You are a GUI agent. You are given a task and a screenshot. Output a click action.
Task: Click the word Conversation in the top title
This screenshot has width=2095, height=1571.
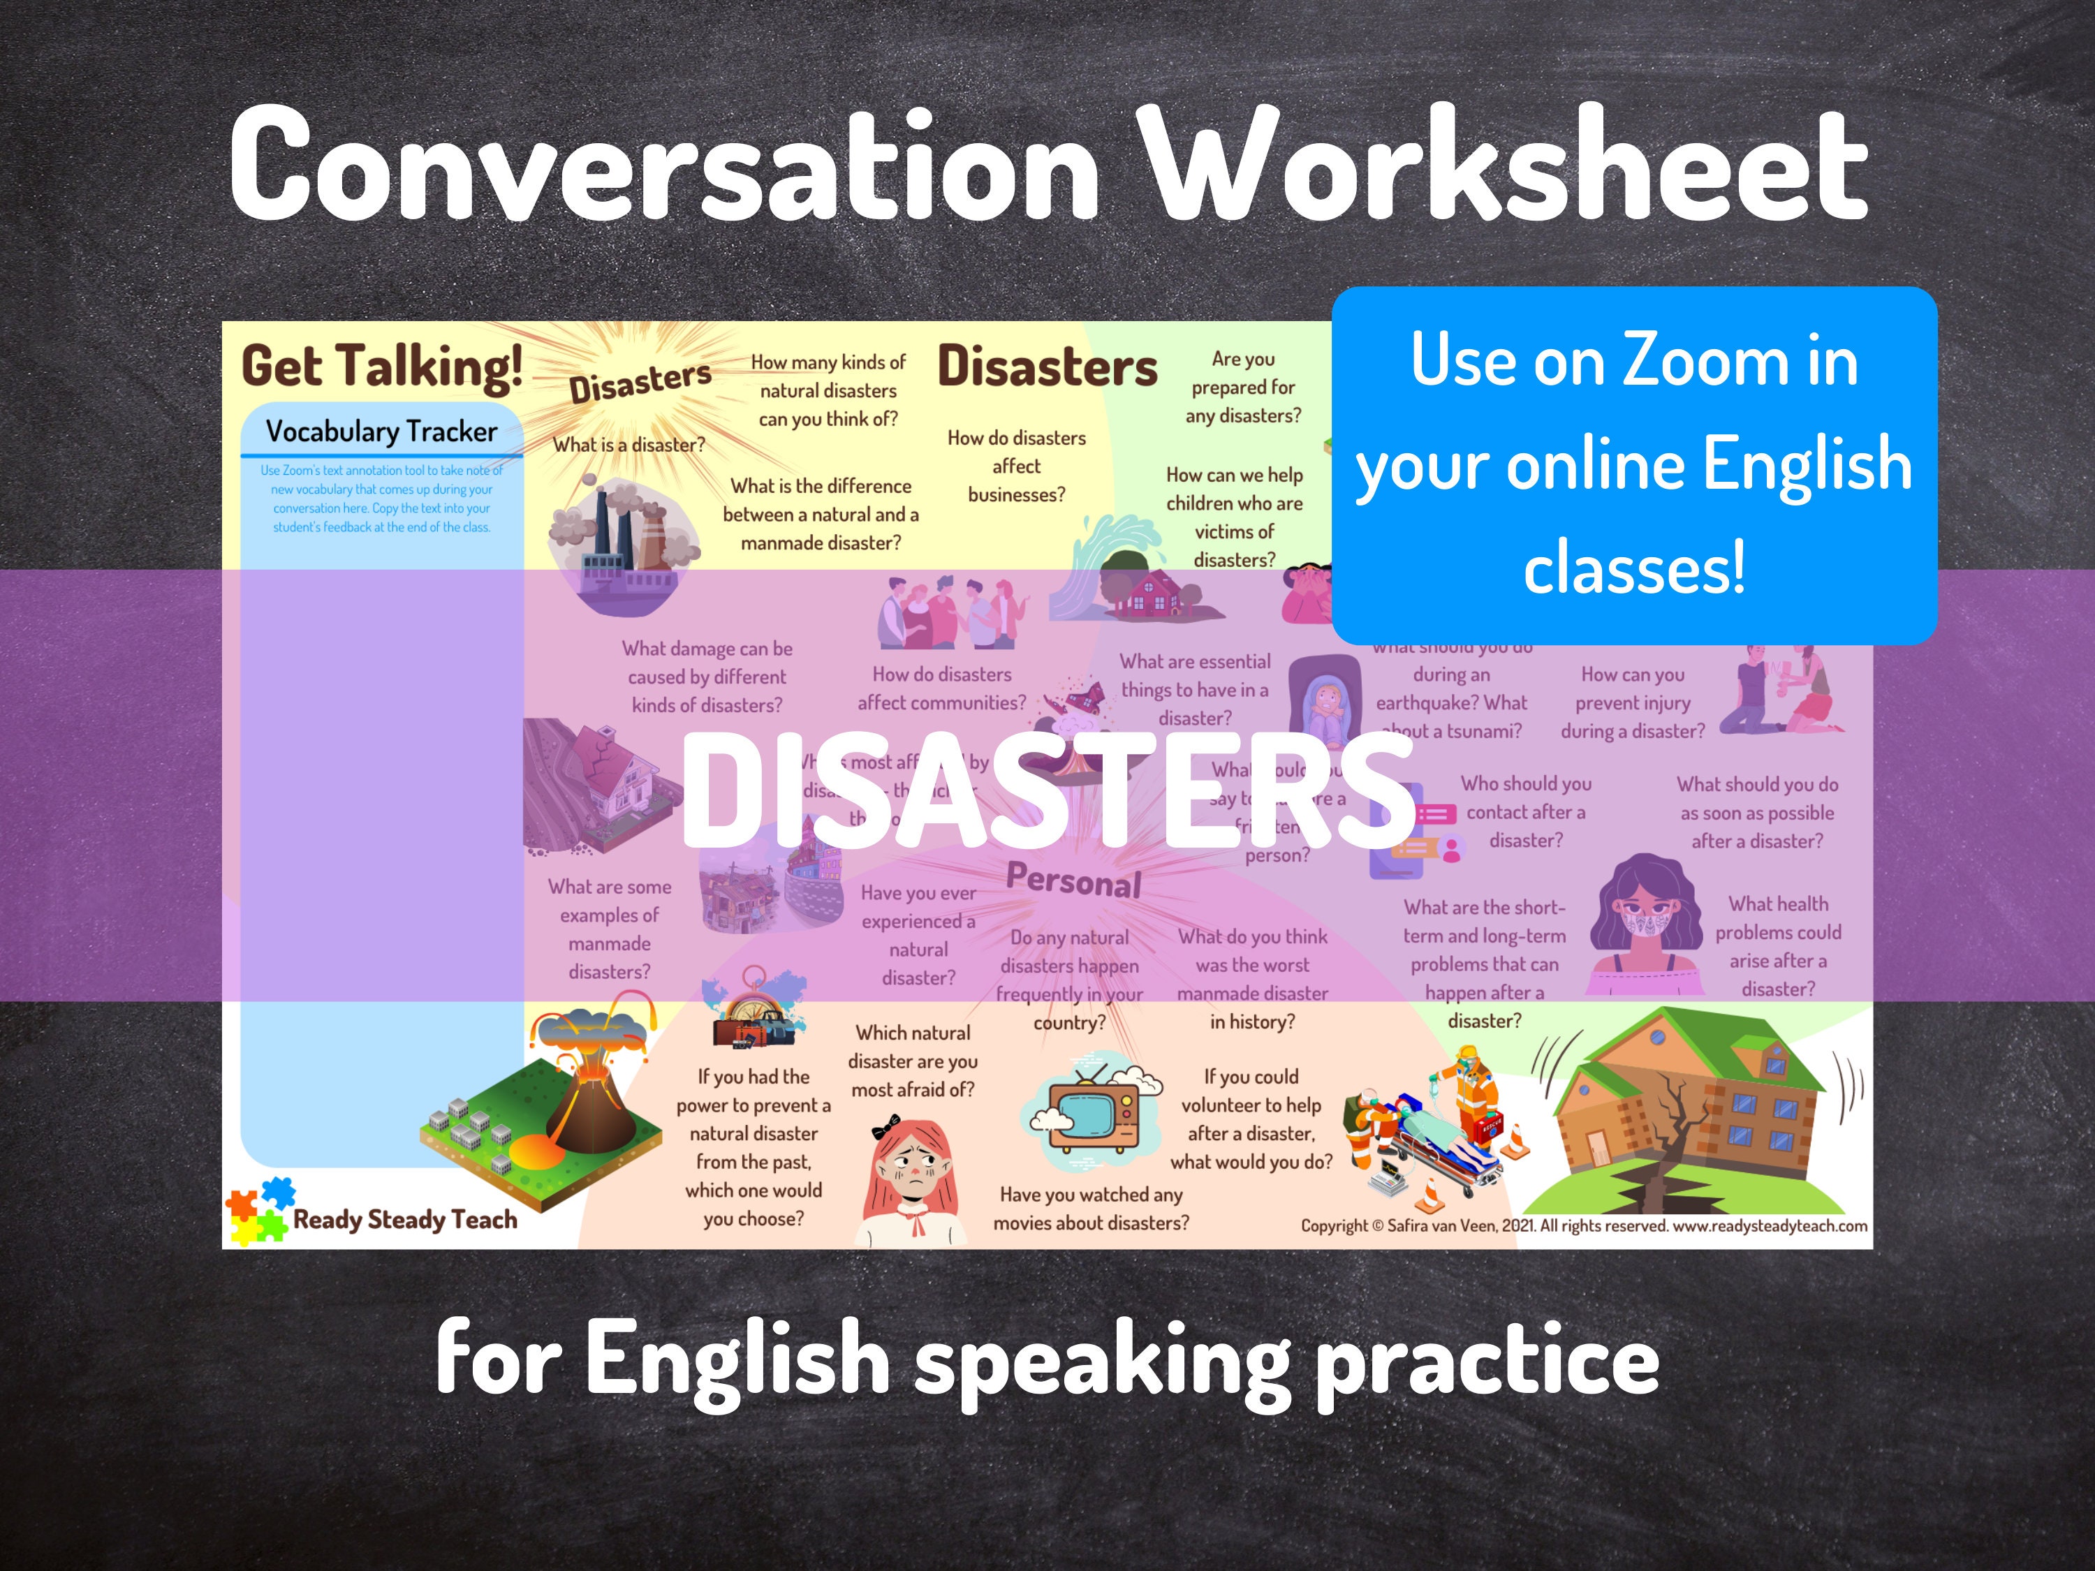(x=663, y=165)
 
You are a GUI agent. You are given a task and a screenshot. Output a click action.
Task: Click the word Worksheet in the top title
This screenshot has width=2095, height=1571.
(x=1506, y=165)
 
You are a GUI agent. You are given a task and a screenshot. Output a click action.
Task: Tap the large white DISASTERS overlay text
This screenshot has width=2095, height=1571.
(x=1047, y=790)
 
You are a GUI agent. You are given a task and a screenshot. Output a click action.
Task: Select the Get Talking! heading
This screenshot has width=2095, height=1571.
(x=382, y=367)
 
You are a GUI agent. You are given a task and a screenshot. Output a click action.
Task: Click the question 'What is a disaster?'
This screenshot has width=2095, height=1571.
(x=629, y=445)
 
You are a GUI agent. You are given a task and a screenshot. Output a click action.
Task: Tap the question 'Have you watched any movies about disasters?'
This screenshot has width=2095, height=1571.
(x=1091, y=1209)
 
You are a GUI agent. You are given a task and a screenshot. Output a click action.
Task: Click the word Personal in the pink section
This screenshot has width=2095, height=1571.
(x=1073, y=880)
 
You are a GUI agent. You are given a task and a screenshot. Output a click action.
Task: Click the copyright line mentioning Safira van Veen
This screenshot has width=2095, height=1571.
(x=1584, y=1225)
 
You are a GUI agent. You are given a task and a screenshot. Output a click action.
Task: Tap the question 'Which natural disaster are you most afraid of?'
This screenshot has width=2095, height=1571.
(x=913, y=1061)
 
